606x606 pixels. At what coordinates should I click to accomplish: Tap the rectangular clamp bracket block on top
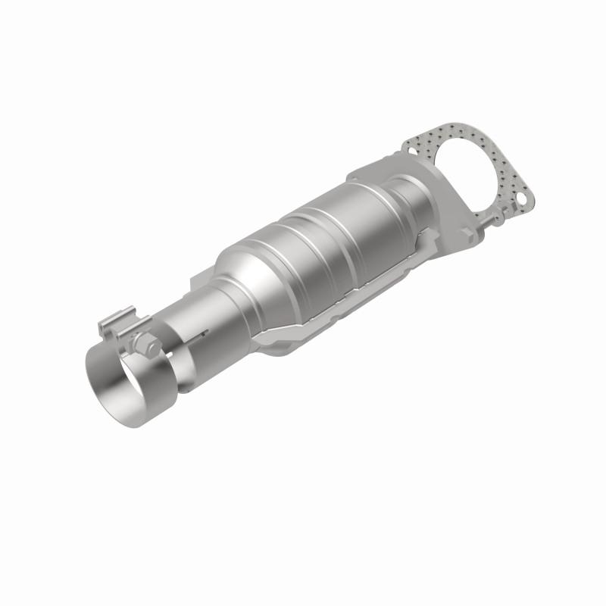[117, 317]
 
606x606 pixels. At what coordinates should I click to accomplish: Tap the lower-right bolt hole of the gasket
[521, 200]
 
